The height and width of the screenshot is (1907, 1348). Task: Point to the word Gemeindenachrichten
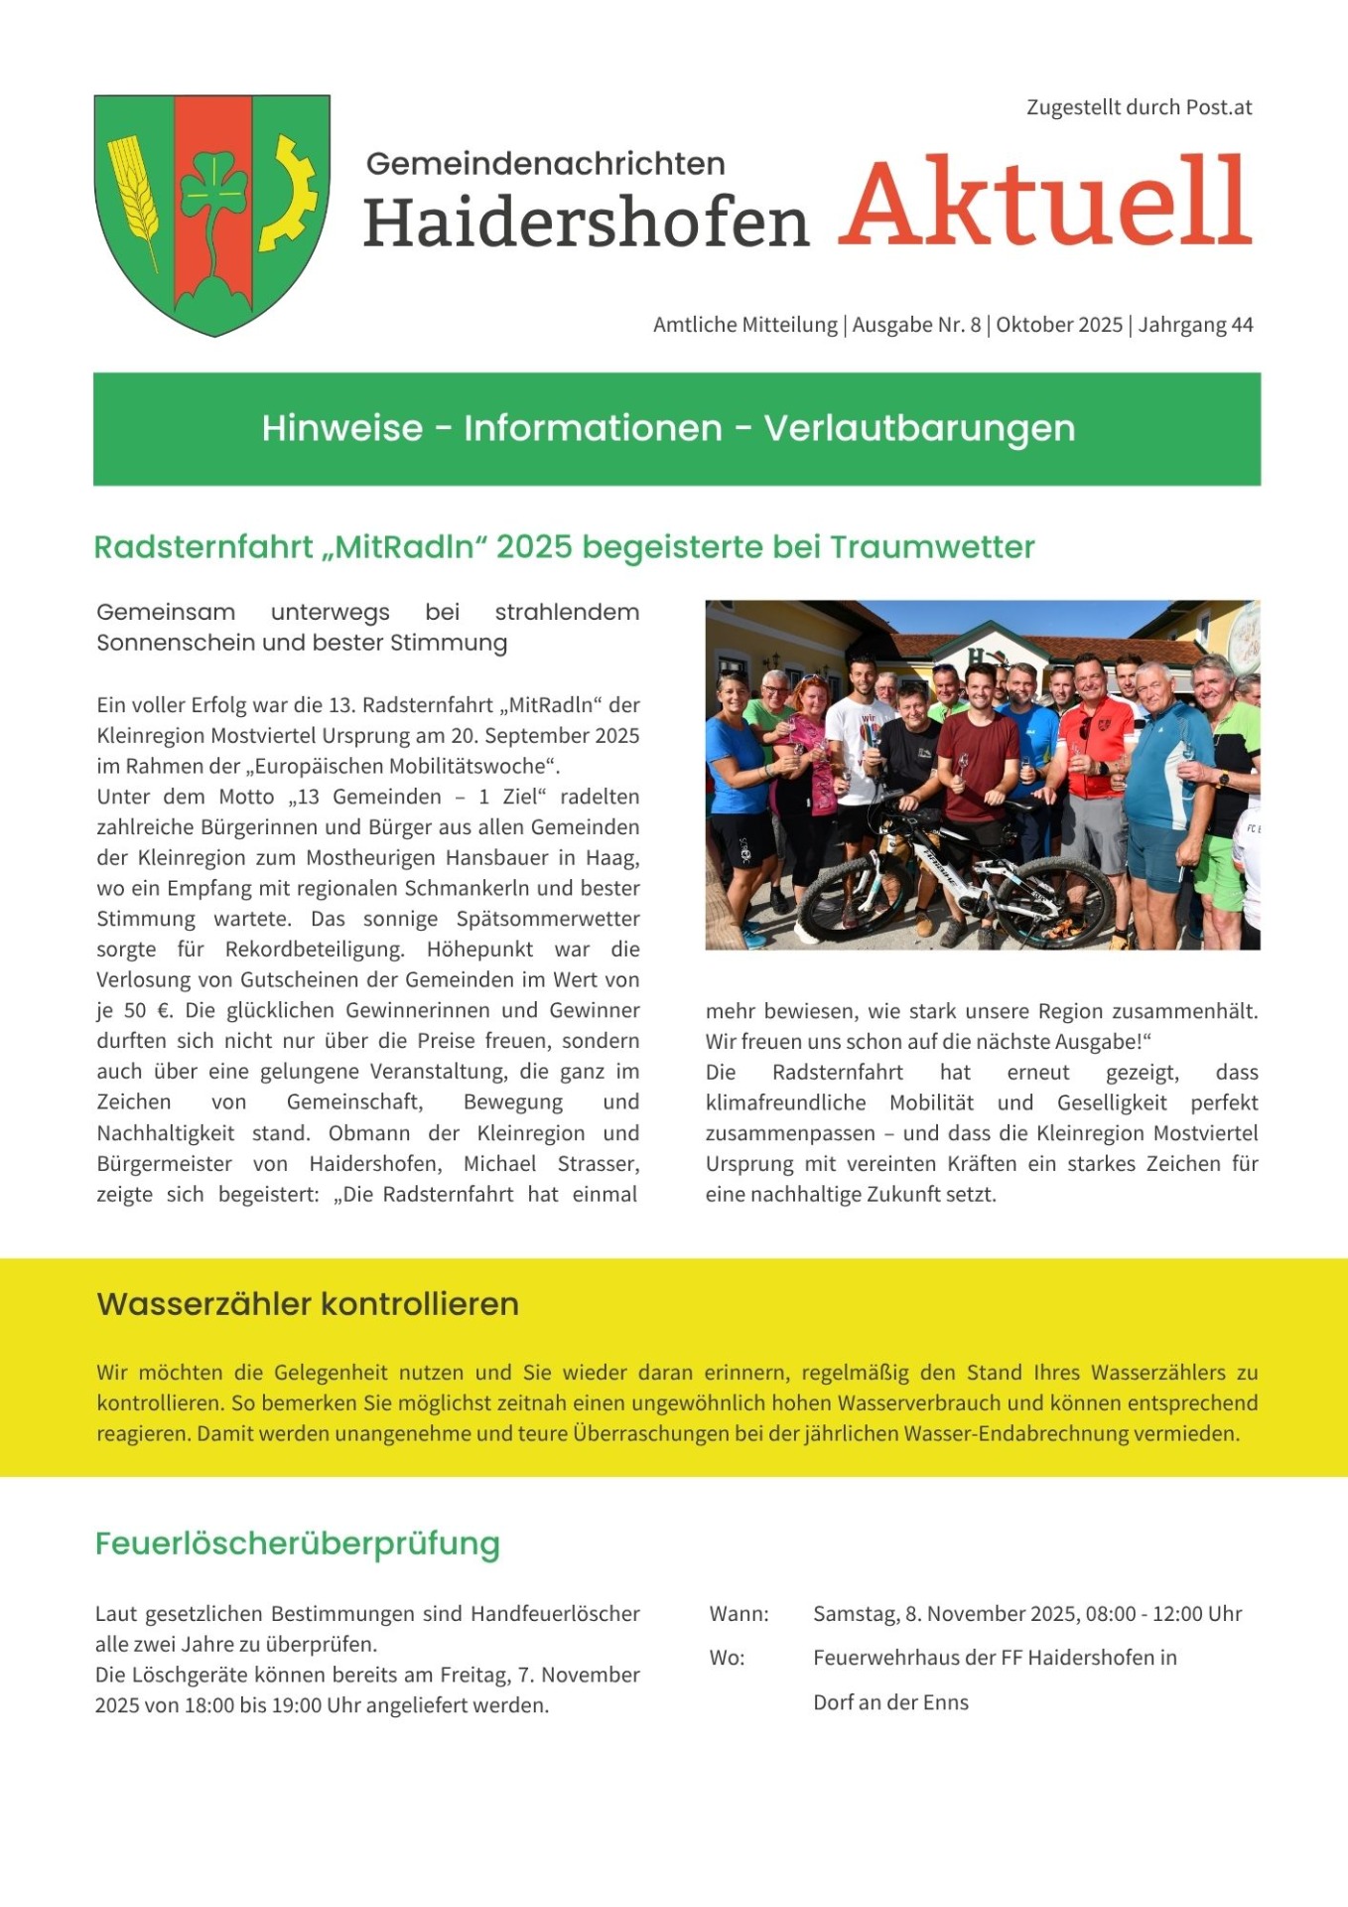coord(545,164)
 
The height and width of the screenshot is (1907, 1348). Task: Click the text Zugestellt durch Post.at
coord(1139,107)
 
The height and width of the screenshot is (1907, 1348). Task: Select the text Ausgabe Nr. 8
coord(916,325)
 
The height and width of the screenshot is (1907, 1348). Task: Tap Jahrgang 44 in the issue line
coord(1195,325)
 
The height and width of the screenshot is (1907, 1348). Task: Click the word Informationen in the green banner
coord(593,428)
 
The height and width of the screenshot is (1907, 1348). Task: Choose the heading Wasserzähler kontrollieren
coord(308,1304)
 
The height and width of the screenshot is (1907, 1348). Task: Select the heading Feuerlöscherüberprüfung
coord(298,1543)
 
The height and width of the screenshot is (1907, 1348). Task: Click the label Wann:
coord(739,1614)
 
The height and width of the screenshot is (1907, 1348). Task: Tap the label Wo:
coord(727,1658)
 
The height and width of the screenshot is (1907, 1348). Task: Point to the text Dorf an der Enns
coord(890,1702)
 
